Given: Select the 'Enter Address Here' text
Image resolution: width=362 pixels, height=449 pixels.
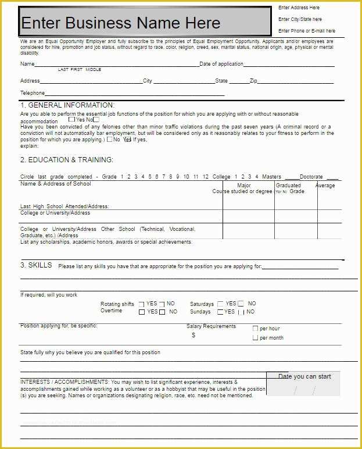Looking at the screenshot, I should point(299,8).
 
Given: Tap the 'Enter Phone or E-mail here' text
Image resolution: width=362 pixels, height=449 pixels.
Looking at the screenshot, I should point(306,31).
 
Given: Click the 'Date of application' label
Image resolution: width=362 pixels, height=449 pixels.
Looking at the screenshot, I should point(221,64).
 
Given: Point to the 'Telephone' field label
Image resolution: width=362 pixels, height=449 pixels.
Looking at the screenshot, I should point(33,93).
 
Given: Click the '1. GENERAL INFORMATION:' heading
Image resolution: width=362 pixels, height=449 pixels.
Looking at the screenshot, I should point(67,105).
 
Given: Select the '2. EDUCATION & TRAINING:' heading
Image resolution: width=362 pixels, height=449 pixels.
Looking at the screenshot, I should point(67,160).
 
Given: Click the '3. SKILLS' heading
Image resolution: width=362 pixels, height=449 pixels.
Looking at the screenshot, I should point(36,265).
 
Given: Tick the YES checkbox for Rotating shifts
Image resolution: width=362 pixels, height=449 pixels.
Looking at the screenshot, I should point(141,304).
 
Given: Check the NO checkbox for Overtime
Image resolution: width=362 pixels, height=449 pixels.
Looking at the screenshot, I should point(162,312).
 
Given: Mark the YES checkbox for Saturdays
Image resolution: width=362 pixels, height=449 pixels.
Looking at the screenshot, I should point(221,304).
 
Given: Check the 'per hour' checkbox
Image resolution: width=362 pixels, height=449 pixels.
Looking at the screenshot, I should point(255,329).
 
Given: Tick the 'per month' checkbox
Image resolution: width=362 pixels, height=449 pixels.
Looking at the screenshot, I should point(255,337).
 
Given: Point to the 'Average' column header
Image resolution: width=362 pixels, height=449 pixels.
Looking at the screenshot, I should point(325,186).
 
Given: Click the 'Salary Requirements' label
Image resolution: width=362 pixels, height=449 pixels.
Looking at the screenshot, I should point(211,326).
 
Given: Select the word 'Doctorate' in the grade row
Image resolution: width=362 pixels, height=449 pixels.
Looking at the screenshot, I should point(311,177).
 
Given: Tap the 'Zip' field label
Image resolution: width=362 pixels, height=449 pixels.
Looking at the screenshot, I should point(253,81).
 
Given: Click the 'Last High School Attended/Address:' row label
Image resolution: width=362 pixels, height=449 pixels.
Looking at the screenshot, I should point(64,206).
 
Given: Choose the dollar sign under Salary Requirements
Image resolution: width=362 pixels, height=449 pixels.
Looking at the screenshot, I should point(193,335).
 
